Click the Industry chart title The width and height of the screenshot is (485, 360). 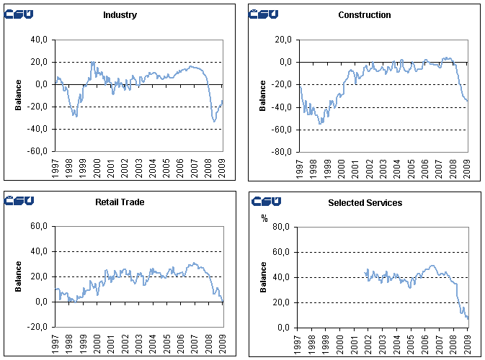click(120, 15)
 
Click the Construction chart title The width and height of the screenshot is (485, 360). click(364, 15)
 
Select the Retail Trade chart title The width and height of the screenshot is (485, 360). click(120, 202)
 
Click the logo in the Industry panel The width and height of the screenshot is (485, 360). click(19, 14)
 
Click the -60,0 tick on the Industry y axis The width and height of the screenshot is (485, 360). click(37, 152)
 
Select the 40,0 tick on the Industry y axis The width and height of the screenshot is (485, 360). click(39, 40)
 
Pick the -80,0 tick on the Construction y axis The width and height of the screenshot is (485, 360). click(282, 152)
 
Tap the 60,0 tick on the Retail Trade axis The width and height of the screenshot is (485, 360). click(39, 227)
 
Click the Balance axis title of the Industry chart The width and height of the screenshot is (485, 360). click(18, 96)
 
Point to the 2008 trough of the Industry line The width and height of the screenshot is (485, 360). click(213, 121)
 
